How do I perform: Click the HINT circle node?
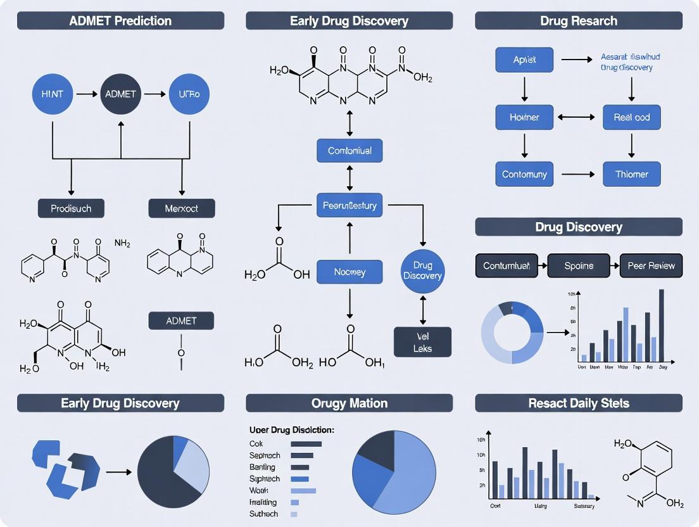coord(53,94)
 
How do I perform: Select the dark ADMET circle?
coord(121,94)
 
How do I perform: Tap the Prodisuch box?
coord(71,208)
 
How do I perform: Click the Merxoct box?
coord(182,208)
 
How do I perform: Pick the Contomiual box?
coord(349,151)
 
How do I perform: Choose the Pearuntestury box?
coord(349,205)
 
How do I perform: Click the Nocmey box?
coord(349,272)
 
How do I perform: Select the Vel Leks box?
coord(423,342)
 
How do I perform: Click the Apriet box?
coord(524,60)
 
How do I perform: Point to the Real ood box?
coord(631,117)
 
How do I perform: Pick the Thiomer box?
coord(631,174)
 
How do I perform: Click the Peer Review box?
coord(652,265)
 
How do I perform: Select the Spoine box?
coord(579,265)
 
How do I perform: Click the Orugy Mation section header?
coord(349,403)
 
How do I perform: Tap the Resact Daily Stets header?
coord(579,403)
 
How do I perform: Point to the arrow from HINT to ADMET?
coord(86,94)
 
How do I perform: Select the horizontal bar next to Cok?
coord(306,444)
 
